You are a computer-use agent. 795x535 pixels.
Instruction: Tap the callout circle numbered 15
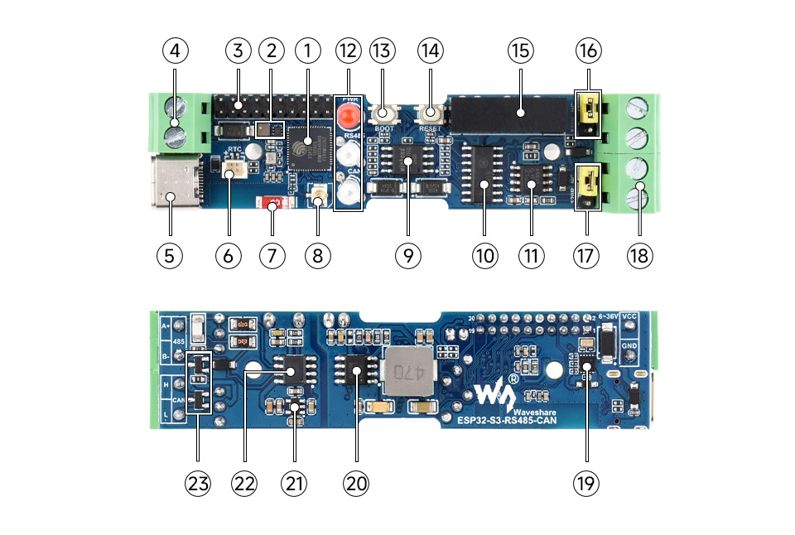point(520,51)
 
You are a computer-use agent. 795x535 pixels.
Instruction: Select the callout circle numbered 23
point(198,483)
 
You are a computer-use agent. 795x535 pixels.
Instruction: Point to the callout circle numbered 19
point(586,483)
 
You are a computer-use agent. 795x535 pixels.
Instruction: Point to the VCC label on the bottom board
point(629,316)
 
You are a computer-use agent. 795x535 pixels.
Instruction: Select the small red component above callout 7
point(272,203)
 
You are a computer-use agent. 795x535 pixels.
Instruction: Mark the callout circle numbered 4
point(175,51)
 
